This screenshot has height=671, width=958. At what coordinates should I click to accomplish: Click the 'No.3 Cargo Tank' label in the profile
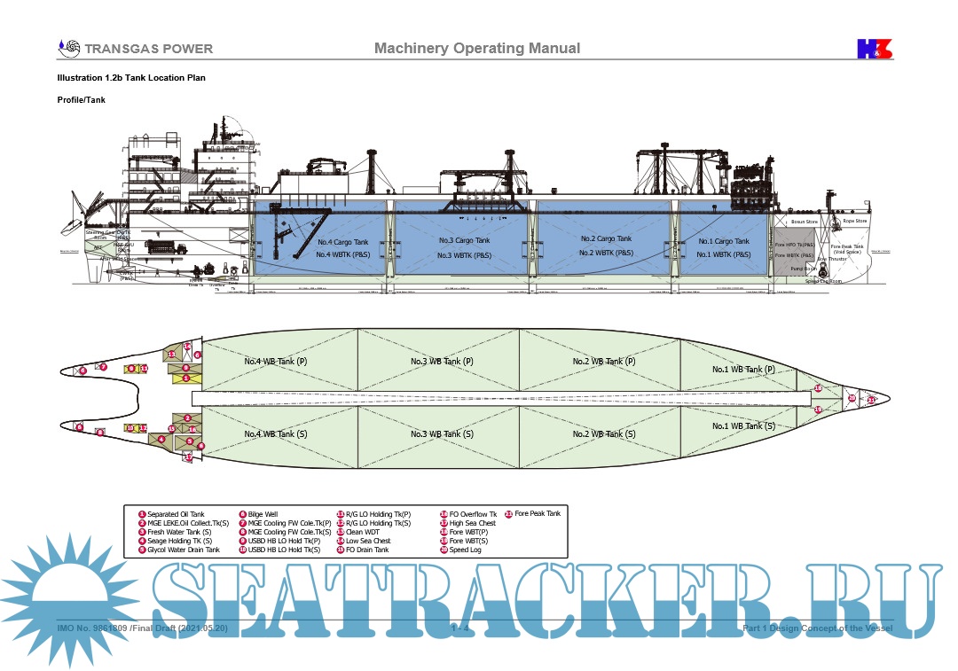tap(464, 241)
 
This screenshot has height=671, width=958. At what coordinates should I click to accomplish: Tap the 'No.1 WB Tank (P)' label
tap(743, 370)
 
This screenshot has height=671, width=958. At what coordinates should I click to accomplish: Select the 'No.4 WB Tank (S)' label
tap(276, 434)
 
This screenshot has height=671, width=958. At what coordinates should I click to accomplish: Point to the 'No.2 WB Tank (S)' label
tap(603, 434)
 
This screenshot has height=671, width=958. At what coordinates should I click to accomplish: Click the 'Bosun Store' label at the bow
tap(804, 222)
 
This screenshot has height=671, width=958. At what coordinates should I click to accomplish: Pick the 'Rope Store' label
tap(854, 221)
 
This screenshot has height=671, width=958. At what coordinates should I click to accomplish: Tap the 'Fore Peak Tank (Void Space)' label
tap(848, 249)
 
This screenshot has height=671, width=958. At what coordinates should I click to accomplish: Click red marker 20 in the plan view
tap(852, 398)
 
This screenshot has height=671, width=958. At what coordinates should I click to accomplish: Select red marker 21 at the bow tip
tap(871, 401)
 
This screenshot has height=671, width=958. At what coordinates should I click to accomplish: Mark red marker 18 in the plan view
tap(818, 388)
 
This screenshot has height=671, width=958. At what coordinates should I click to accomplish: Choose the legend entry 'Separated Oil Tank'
tap(175, 514)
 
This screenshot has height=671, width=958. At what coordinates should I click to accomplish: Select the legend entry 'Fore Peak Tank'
tap(537, 514)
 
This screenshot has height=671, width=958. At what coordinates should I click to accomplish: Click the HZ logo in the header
tap(874, 49)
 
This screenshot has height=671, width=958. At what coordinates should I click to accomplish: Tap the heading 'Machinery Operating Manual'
tap(477, 49)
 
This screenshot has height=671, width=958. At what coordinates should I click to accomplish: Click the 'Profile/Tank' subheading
tap(82, 100)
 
